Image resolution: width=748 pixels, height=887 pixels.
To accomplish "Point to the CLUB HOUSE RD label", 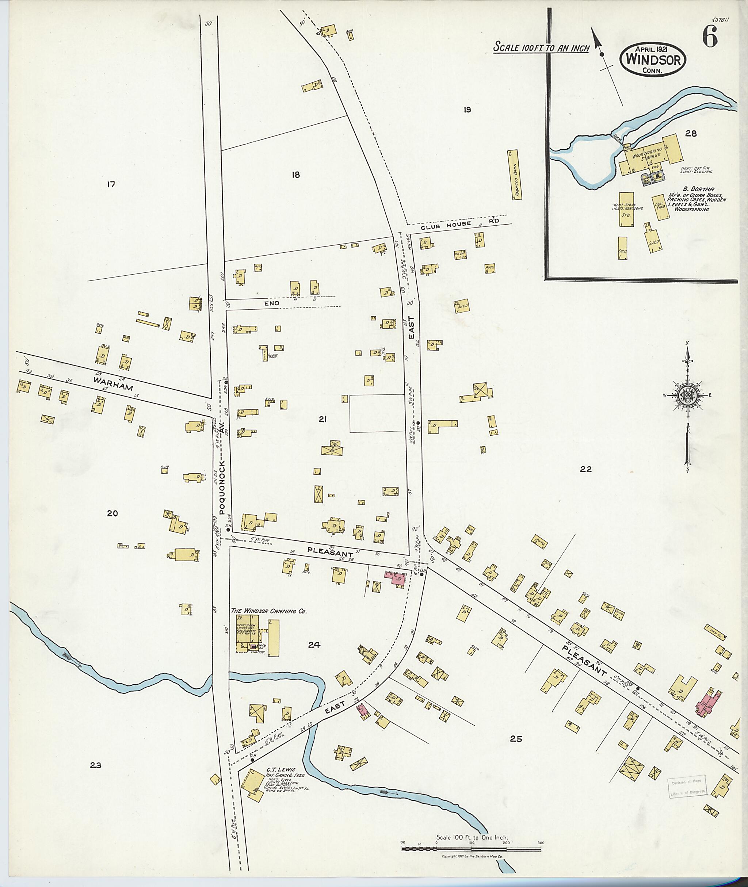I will click(460, 225).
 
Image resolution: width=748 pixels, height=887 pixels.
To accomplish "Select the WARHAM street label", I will click(113, 384).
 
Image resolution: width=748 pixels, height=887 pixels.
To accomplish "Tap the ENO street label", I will click(272, 303).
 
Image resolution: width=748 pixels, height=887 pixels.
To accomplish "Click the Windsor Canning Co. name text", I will click(268, 611).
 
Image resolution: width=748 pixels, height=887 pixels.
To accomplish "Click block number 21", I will click(323, 419).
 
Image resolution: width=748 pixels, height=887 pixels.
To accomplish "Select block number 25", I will click(516, 739).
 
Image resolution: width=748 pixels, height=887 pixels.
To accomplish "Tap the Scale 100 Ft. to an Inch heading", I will click(541, 48).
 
